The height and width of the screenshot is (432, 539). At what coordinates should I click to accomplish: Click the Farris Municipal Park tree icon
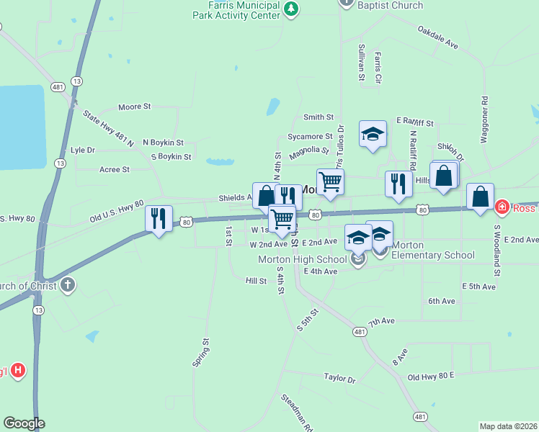coord(290,9)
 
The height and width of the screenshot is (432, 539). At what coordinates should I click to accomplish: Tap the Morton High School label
coord(302,259)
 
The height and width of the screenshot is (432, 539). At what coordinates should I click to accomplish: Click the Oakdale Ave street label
coord(437,37)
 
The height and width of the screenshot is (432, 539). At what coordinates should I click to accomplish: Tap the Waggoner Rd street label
coord(484,119)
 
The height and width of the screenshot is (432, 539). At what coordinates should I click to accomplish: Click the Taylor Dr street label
coord(340,377)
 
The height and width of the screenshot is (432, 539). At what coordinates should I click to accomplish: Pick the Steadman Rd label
coord(297,412)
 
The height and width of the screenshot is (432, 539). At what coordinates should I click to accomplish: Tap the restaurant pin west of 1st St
coord(159,217)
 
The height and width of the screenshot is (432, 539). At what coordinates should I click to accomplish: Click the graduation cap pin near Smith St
coord(373,134)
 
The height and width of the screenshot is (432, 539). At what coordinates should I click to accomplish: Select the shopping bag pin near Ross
coord(480,197)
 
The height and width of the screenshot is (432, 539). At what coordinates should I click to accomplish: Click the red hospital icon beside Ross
coord(502,207)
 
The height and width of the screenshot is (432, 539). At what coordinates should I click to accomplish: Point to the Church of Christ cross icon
coord(68,285)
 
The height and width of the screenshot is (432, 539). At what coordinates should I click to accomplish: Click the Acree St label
coord(115,169)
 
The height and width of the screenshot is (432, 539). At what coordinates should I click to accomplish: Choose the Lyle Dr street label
coord(83,150)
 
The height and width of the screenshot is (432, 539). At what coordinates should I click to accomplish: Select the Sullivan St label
coord(362,61)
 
